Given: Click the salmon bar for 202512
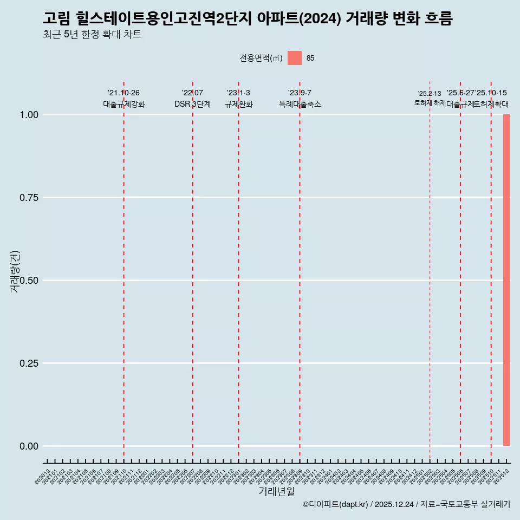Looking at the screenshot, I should (x=506, y=280).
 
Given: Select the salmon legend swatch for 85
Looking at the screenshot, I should (x=295, y=58).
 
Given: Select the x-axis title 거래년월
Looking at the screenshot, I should (x=277, y=492).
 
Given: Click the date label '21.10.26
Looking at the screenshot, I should (x=123, y=93).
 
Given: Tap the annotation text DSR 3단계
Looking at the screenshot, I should (x=192, y=104).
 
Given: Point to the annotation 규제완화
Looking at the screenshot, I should (x=238, y=104).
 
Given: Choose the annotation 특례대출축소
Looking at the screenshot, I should (x=300, y=104).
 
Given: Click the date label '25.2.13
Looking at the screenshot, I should (x=430, y=94).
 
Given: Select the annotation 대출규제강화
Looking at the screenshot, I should (x=123, y=104).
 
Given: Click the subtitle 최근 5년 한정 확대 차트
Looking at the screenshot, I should (x=92, y=35).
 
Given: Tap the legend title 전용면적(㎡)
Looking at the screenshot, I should (x=261, y=58).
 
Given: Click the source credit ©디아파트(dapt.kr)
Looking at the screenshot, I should (x=336, y=504).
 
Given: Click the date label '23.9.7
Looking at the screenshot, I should (x=300, y=93).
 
